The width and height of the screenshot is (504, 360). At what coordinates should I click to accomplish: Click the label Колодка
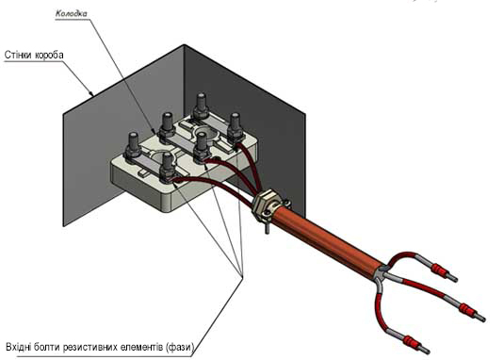point(71,14)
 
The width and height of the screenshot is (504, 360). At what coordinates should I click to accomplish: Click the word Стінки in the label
point(18,55)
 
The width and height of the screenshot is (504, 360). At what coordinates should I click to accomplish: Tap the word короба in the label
point(49,55)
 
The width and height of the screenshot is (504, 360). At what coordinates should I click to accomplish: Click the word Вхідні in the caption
point(20,348)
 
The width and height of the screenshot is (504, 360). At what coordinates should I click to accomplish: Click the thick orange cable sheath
point(325,237)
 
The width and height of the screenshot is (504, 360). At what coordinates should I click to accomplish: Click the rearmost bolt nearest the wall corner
point(201,106)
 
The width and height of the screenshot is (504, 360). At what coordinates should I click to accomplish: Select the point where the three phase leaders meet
point(242,275)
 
